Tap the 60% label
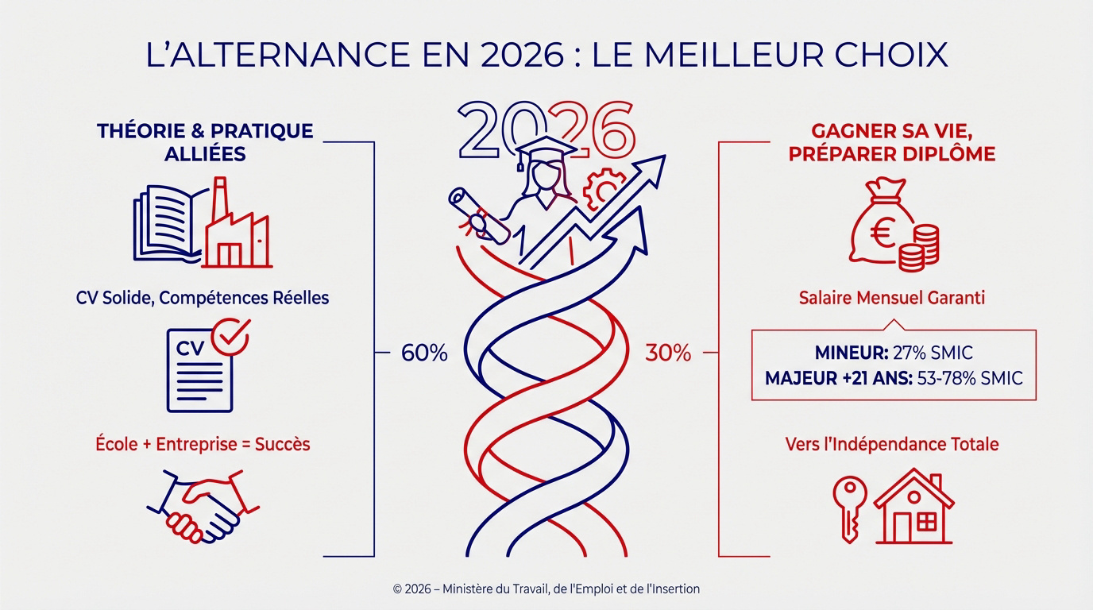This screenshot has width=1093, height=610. tap(424, 353)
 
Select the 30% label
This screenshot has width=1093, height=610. tap(668, 353)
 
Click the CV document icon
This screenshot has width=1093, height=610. tap(199, 369)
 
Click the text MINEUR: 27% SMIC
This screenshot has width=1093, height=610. tap(894, 353)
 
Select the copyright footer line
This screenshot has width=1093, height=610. tap(546, 589)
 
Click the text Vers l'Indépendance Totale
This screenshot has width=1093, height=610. tap(892, 444)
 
